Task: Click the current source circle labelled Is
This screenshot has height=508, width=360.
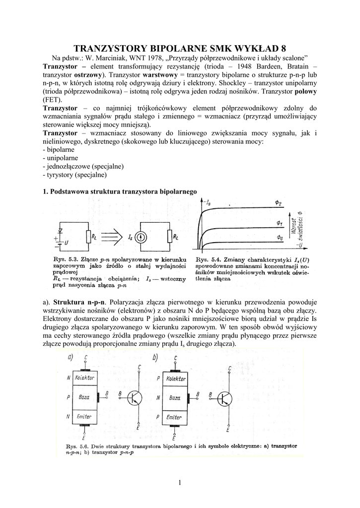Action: click(x=142, y=237)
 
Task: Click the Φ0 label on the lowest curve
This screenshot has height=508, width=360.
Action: click(x=280, y=238)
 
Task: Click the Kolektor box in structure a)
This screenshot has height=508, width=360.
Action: click(x=85, y=378)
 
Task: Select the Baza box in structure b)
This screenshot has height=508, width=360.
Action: click(x=175, y=397)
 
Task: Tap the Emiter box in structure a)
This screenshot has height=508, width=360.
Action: click(x=85, y=417)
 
